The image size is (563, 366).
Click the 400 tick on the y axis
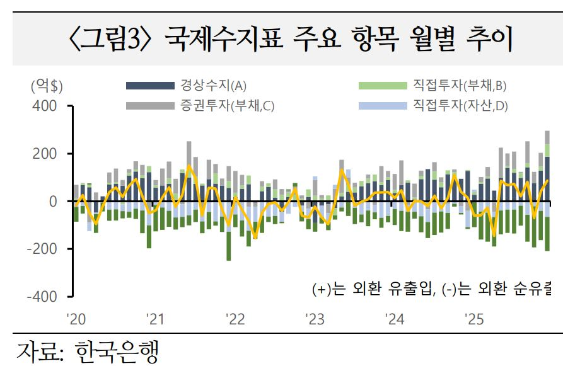(x=45, y=106)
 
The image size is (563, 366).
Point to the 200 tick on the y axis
(x=45, y=154)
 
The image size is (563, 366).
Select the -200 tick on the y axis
(x=43, y=249)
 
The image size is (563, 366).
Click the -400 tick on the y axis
(x=43, y=296)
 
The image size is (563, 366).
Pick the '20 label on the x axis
(x=76, y=319)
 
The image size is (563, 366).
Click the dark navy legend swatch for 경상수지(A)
(x=150, y=86)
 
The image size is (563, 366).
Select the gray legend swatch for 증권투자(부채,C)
(x=150, y=105)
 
